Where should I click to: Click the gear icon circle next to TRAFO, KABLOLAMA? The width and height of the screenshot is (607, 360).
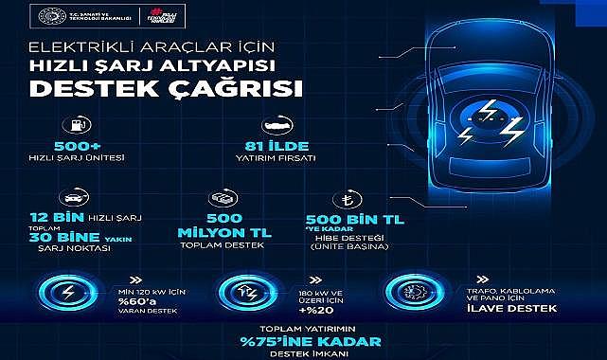tap(410, 290)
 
